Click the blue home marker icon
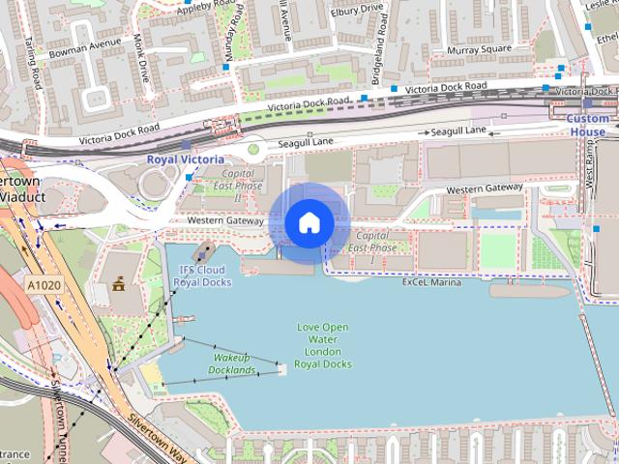click(309, 223)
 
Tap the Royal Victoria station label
click(185, 159)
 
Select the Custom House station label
click(587, 125)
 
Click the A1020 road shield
click(43, 285)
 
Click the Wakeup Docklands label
click(233, 363)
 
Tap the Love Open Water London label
click(322, 345)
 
